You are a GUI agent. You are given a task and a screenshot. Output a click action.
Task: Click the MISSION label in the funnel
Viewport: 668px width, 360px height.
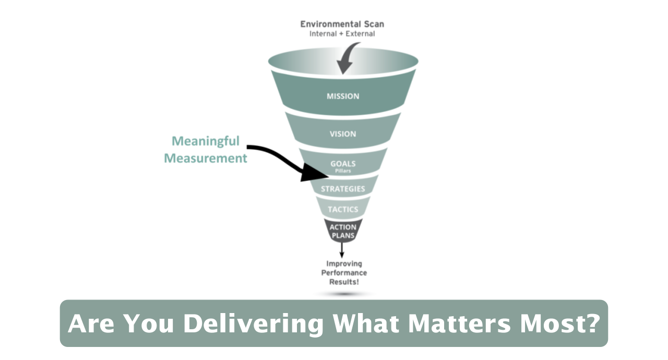343,97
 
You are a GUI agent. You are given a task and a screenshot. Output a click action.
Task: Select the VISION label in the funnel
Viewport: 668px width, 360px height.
343,134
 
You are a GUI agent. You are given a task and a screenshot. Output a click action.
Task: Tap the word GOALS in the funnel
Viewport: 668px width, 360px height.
343,163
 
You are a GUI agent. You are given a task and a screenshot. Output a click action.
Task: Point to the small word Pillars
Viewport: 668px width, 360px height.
343,171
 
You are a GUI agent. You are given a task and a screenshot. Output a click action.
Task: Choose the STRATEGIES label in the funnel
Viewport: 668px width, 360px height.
343,189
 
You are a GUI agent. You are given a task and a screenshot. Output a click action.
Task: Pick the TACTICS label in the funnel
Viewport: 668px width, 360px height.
343,210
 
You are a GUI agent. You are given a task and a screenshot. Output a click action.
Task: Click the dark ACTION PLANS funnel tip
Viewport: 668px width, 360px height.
343,231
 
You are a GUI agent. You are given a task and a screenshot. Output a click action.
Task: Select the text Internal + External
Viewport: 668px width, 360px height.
342,34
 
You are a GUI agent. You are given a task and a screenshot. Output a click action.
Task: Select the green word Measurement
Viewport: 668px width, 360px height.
206,158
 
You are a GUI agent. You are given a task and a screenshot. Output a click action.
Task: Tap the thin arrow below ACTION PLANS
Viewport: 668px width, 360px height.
342,250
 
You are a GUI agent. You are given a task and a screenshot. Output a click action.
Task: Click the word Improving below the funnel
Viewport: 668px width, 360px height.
344,264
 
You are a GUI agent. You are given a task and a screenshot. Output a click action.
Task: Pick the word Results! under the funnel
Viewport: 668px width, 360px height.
344,282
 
